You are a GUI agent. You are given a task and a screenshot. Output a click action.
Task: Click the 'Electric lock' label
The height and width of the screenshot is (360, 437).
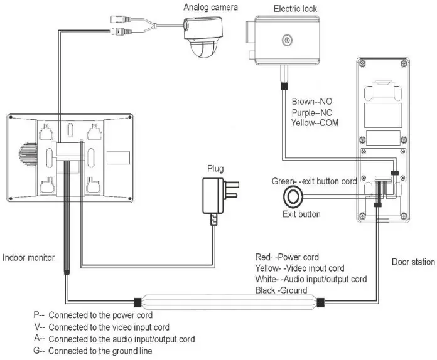click(295, 9)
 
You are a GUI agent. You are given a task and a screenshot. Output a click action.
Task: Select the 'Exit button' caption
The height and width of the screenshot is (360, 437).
click(301, 214)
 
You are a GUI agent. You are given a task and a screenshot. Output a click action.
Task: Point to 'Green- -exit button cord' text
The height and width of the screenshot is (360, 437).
click(314, 181)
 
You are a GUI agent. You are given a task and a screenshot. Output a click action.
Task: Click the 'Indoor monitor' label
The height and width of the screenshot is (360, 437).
click(28, 257)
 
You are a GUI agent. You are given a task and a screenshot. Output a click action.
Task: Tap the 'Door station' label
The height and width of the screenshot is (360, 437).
click(413, 262)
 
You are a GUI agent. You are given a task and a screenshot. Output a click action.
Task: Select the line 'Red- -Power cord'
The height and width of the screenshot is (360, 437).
click(287, 257)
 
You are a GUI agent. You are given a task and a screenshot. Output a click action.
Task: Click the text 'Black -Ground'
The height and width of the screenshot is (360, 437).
click(281, 290)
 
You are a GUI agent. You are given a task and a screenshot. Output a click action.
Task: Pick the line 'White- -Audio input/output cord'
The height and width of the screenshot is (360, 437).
click(311, 279)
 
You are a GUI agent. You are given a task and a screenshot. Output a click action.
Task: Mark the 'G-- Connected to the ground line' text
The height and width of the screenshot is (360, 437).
click(92, 351)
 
